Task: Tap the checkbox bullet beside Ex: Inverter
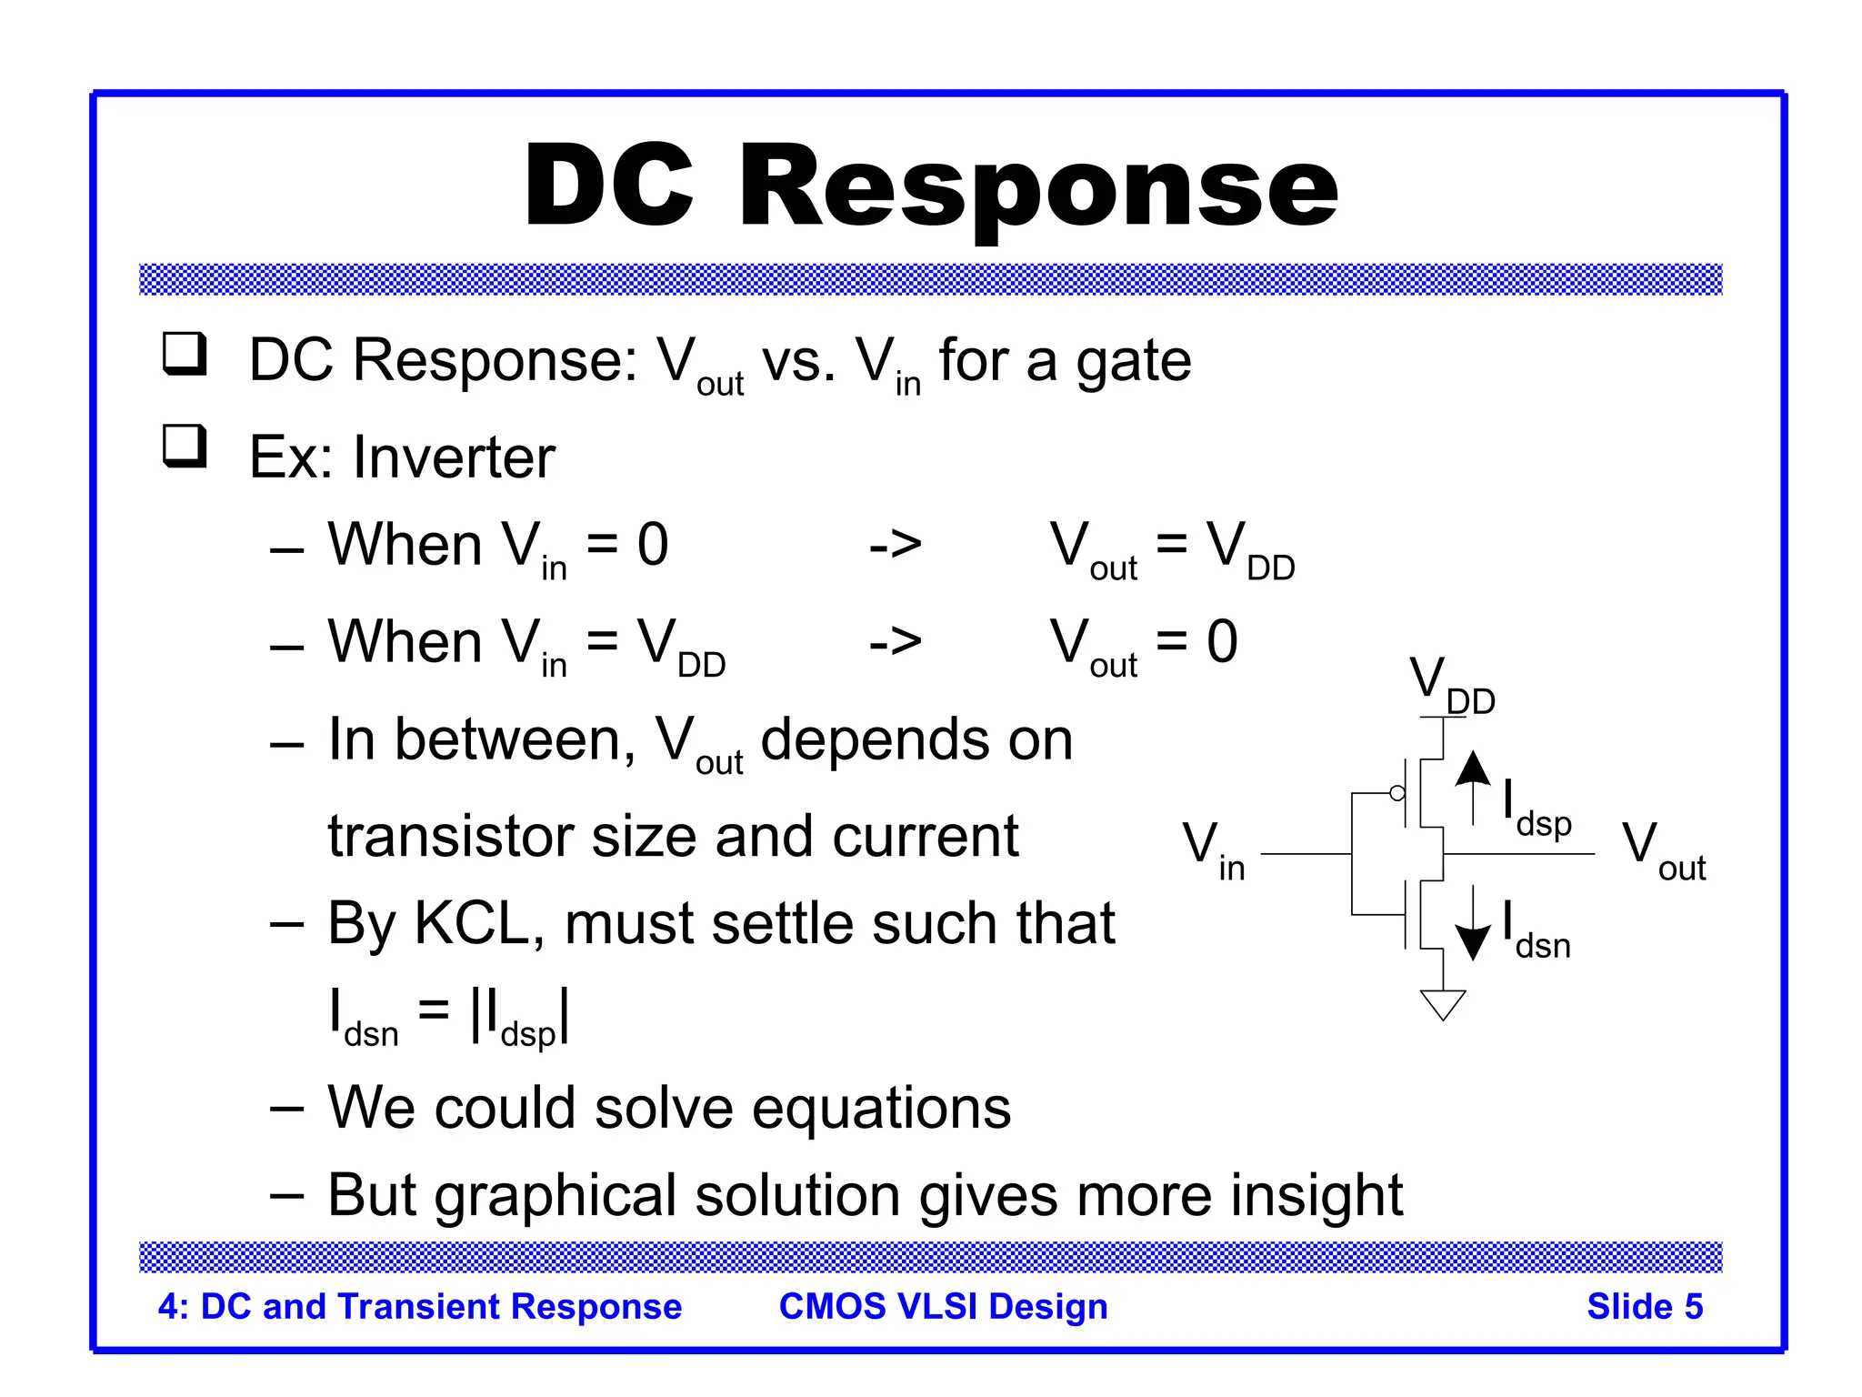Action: pyautogui.click(x=185, y=447)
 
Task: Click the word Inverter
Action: pyautogui.click(x=454, y=457)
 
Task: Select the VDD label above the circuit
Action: pyautogui.click(x=1450, y=687)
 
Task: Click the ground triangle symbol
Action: pyautogui.click(x=1443, y=1005)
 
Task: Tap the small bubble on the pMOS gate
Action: pyautogui.click(x=1397, y=793)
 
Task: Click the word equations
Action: pyautogui.click(x=881, y=1109)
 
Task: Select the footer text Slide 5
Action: pyautogui.click(x=1644, y=1307)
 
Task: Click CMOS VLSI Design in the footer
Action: pyautogui.click(x=943, y=1307)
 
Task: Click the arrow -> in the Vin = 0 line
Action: pyautogui.click(x=895, y=546)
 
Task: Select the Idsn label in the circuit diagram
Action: pyautogui.click(x=1536, y=932)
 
